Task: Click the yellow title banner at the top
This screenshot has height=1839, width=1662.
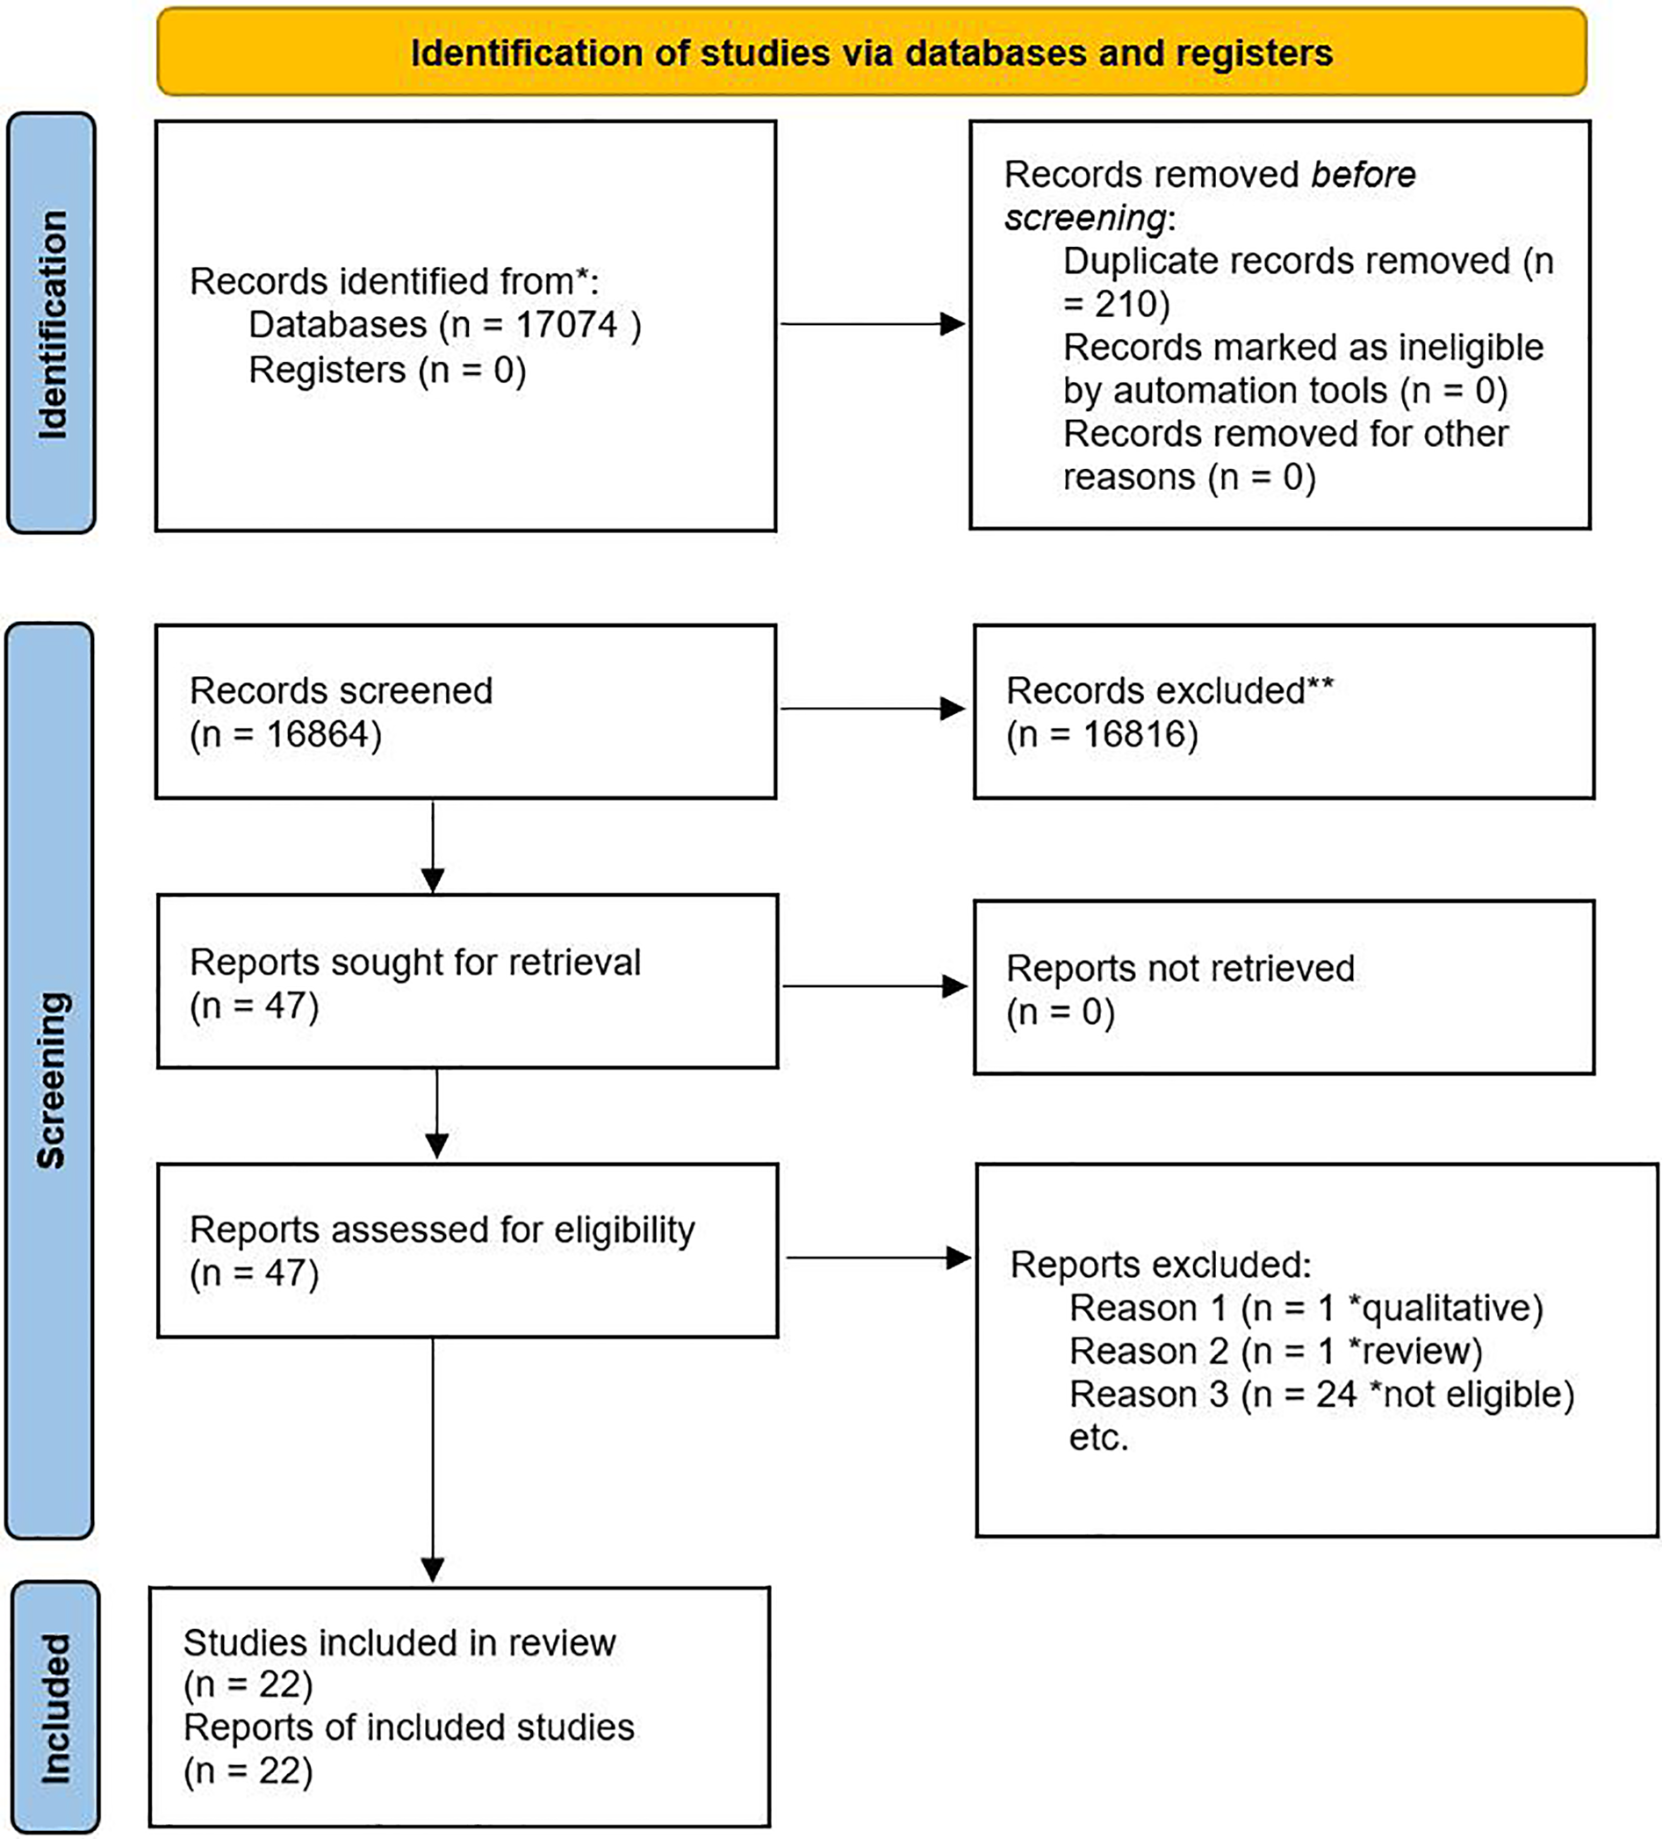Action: [x=871, y=52]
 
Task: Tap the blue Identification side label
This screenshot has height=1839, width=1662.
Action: [x=52, y=323]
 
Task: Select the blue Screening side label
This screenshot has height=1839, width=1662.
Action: [x=50, y=1080]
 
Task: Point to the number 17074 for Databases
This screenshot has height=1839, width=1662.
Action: [x=566, y=325]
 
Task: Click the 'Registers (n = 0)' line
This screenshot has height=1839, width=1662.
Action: [x=387, y=371]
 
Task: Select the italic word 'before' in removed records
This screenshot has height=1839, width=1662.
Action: [x=1362, y=174]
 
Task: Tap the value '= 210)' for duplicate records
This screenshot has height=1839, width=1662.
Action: [x=1116, y=304]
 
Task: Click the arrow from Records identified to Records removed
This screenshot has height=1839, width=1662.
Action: [x=871, y=323]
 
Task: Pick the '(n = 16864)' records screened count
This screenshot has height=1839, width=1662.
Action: [x=285, y=734]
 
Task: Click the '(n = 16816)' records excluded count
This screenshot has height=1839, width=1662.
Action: [x=1102, y=734]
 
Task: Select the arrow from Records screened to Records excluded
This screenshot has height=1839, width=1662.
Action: [x=873, y=709]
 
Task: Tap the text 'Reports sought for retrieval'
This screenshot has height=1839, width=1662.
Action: [x=415, y=963]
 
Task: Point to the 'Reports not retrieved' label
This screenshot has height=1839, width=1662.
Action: [x=1179, y=969]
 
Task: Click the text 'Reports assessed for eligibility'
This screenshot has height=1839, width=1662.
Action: [x=442, y=1230]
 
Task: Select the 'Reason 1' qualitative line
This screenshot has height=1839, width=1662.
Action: [x=1306, y=1308]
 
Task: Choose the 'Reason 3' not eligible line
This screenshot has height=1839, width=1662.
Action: [x=1320, y=1395]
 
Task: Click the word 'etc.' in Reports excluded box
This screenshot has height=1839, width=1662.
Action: [x=1098, y=1438]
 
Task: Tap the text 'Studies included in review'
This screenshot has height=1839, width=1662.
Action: [x=399, y=1643]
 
